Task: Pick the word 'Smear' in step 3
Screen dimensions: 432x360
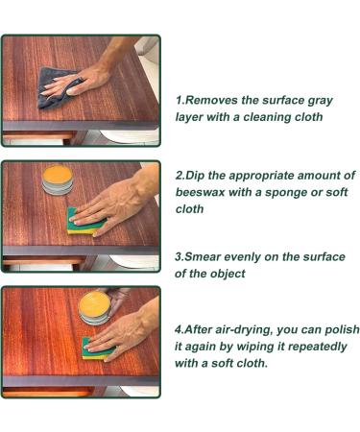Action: [210, 257]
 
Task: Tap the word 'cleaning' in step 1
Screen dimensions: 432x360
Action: [272, 116]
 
